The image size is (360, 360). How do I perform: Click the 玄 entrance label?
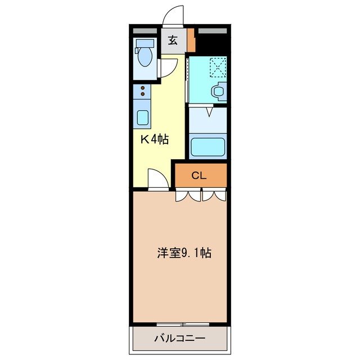pos(173,41)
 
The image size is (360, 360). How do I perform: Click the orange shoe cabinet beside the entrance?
pos(191,41)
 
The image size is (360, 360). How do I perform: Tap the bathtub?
pos(208,146)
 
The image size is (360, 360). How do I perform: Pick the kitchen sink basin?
pos(143,118)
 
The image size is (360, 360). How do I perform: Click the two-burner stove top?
pos(142,91)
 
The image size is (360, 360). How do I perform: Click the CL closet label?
pos(199,175)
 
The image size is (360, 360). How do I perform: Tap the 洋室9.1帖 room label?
pos(183,253)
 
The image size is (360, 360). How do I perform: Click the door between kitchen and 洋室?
pos(158,180)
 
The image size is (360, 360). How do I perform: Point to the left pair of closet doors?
pos(188,195)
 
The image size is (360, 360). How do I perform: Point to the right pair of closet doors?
pos(214,195)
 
